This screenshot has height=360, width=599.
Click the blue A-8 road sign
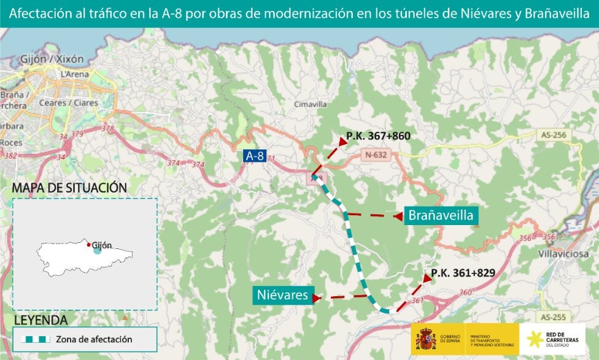(255, 156)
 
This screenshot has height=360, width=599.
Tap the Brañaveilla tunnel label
(441, 215)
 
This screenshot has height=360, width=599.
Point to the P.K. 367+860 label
(377, 136)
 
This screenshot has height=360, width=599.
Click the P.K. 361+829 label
(463, 273)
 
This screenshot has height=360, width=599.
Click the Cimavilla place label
(310, 104)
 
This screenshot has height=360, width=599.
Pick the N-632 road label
(376, 155)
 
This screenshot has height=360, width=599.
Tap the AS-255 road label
(554, 316)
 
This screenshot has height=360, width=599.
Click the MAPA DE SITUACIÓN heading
(69, 188)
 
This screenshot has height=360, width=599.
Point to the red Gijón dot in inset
(89, 245)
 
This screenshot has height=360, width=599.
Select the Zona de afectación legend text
(94, 339)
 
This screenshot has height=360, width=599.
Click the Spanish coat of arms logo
(424, 339)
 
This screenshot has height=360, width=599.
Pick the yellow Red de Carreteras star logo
(535, 339)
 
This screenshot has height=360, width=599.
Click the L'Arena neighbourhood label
(75, 74)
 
